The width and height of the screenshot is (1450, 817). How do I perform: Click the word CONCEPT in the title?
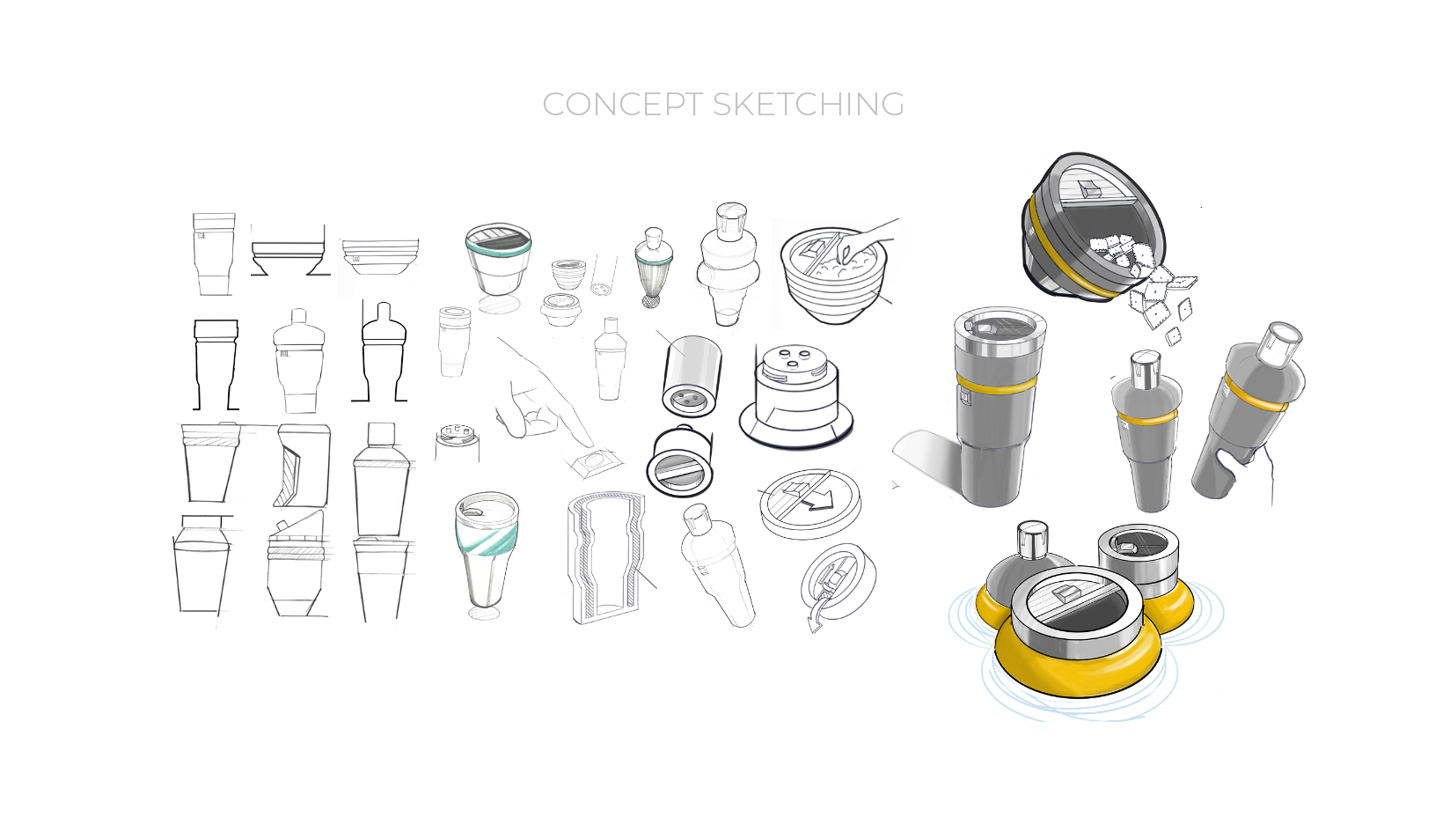[622, 104]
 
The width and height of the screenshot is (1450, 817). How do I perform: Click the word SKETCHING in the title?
[808, 104]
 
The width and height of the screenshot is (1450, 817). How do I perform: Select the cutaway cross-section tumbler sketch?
[606, 558]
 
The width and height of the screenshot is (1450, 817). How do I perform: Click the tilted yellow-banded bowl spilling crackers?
[1093, 227]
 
